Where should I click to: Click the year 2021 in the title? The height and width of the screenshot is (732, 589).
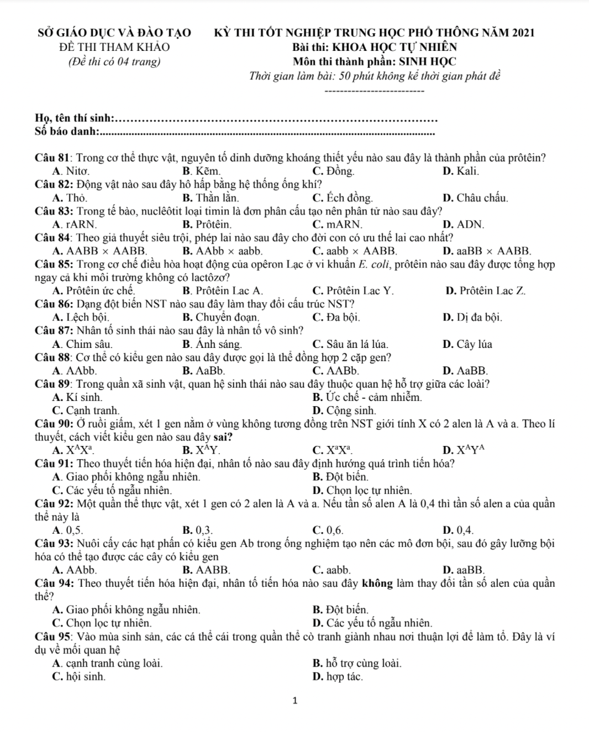(520, 33)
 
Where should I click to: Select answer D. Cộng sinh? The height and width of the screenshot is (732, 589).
(344, 411)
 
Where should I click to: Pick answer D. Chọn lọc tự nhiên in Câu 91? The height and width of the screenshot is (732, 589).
(362, 490)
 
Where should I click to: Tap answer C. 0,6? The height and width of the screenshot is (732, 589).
(328, 531)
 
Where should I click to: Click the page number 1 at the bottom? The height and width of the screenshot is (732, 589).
(294, 701)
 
